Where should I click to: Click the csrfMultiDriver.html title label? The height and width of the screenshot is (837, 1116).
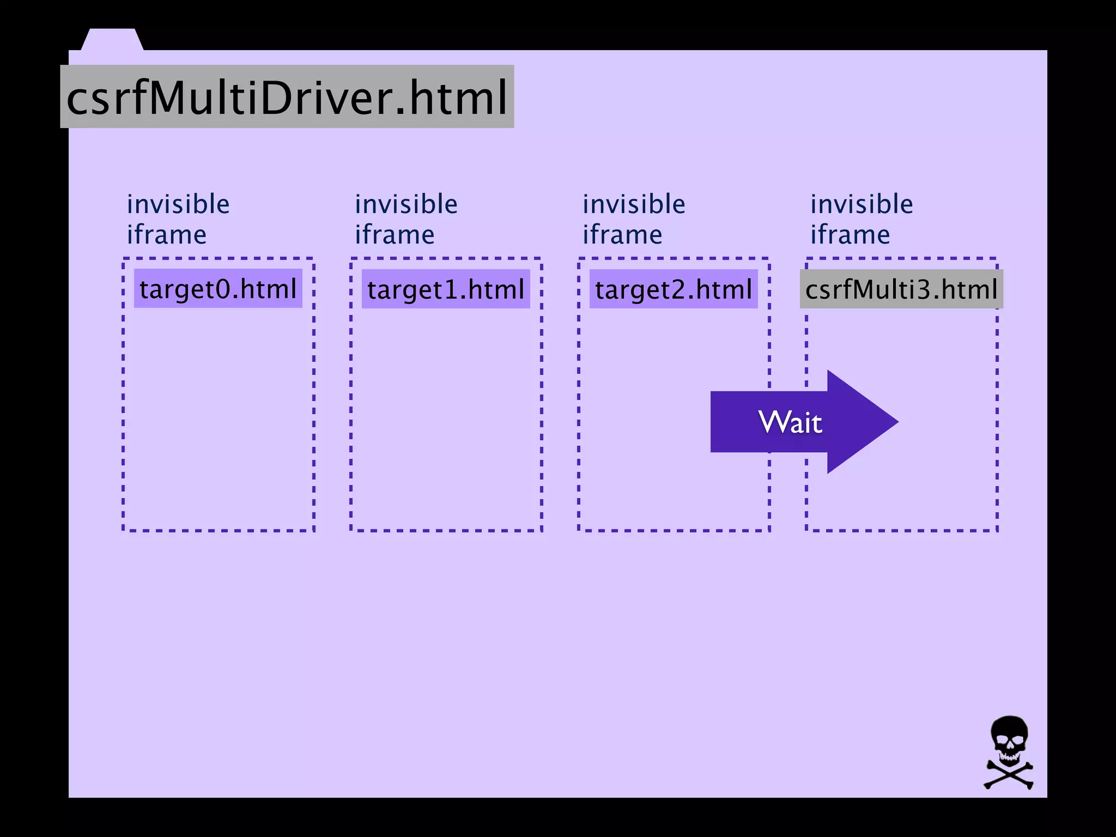click(287, 97)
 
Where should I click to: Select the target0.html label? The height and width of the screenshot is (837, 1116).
click(218, 288)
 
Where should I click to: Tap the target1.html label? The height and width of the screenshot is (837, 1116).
click(446, 289)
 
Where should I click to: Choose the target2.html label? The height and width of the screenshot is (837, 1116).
click(674, 289)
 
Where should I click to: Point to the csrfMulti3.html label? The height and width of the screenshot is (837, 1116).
click(901, 289)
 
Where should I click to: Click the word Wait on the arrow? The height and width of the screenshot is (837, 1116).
click(790, 422)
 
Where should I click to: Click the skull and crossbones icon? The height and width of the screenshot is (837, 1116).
click(1009, 753)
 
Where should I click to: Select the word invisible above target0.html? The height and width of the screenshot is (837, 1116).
click(178, 204)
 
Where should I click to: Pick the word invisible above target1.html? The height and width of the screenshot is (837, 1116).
click(406, 204)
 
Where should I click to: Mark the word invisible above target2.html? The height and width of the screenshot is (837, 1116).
click(634, 204)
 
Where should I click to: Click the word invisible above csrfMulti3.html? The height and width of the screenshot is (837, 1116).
click(862, 204)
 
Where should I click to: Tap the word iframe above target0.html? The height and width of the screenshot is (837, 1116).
click(167, 235)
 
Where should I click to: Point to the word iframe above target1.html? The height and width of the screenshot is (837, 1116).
click(395, 235)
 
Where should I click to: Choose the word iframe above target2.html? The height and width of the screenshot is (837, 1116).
click(622, 235)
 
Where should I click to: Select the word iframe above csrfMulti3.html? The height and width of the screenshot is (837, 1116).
click(850, 235)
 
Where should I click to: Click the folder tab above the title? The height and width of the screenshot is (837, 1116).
click(112, 40)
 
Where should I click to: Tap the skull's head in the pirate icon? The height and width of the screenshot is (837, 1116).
click(1009, 738)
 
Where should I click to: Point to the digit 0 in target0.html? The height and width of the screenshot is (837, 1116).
click(223, 289)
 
